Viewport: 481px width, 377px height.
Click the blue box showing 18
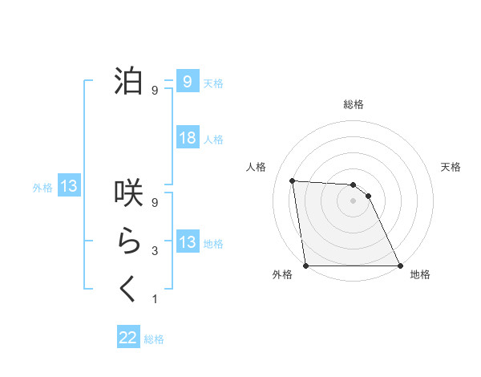click(188, 138)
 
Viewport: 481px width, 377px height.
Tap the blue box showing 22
click(128, 338)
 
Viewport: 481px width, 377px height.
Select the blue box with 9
click(188, 81)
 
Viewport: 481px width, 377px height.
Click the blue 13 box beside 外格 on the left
click(70, 187)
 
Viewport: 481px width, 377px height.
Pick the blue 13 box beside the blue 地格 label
click(188, 242)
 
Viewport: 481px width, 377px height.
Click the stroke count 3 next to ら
click(155, 251)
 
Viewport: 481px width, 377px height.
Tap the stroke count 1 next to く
click(155, 299)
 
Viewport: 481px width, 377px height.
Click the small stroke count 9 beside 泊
click(155, 91)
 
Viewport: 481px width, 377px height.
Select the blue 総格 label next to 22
click(154, 339)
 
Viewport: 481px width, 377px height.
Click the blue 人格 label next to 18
click(213, 140)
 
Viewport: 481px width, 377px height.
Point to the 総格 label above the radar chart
click(353, 105)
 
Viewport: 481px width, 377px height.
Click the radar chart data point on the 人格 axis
click(293, 180)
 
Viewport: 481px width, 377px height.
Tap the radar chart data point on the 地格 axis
click(399, 266)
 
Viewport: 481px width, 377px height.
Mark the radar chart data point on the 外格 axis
click(306, 266)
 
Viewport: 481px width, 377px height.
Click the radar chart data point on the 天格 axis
click(368, 196)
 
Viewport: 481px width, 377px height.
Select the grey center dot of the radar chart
click(353, 201)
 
